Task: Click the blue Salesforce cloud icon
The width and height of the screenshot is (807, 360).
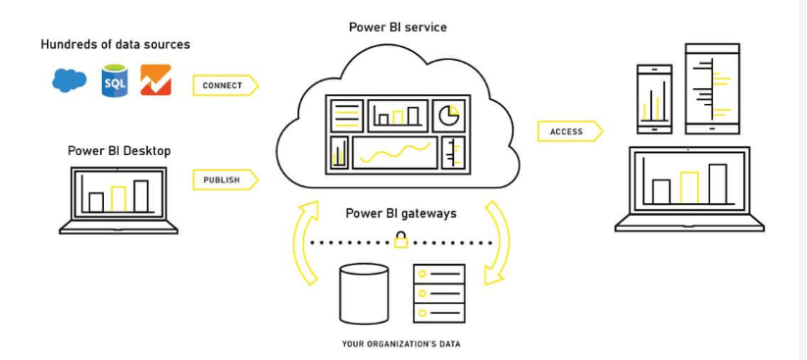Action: [70, 80]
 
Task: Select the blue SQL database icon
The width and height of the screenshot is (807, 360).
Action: [115, 81]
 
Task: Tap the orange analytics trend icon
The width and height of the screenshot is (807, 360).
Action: [156, 80]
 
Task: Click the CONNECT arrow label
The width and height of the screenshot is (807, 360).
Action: [224, 85]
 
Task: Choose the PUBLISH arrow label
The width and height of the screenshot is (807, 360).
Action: [224, 180]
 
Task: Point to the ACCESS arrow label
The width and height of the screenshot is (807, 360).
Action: [568, 131]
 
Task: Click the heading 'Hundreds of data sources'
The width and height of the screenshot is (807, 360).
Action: [116, 45]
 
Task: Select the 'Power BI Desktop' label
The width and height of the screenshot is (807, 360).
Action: [119, 151]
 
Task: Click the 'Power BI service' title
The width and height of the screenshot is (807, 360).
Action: [398, 27]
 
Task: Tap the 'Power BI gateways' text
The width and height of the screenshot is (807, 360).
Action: [401, 213]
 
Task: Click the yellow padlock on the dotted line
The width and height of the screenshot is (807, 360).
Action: [401, 240]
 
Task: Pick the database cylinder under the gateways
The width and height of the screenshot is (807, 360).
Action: [364, 293]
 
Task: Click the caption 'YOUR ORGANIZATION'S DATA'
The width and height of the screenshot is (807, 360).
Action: [401, 344]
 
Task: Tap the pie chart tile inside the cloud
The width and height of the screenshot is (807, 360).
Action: [449, 116]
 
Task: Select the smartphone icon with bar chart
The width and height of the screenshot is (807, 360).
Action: [654, 99]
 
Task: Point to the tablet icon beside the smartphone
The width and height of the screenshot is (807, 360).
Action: [712, 88]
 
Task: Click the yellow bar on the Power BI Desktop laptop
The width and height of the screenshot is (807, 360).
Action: [119, 198]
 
